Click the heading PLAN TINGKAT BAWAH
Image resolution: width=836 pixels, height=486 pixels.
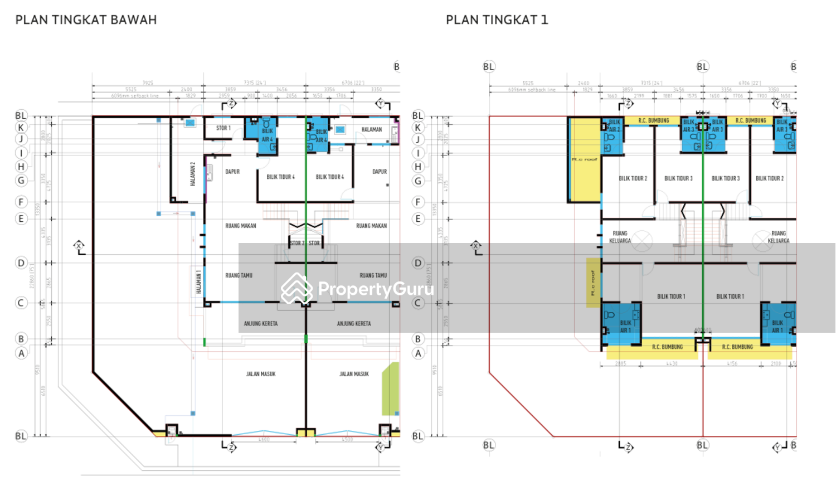pyautogui.click(x=86, y=20)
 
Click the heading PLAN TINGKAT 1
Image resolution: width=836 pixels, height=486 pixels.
pyautogui.click(x=497, y=20)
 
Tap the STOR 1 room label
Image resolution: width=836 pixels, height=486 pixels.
pyautogui.click(x=223, y=128)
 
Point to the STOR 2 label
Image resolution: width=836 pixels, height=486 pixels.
pyautogui.click(x=295, y=243)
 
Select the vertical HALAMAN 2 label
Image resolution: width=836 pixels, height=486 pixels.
pyautogui.click(x=193, y=174)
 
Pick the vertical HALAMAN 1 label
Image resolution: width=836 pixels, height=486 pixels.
pyautogui.click(x=198, y=282)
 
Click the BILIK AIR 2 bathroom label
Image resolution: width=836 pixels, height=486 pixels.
pyautogui.click(x=614, y=125)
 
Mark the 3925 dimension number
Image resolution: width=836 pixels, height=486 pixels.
pyautogui.click(x=147, y=83)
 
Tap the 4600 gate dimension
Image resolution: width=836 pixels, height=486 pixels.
pyautogui.click(x=264, y=440)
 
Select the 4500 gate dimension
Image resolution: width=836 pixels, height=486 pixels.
pyautogui.click(x=347, y=440)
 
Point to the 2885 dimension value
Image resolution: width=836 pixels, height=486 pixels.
pyautogui.click(x=620, y=364)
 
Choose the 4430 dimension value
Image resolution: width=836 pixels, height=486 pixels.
pyautogui.click(x=672, y=364)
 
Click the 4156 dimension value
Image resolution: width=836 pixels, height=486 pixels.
pyautogui.click(x=732, y=364)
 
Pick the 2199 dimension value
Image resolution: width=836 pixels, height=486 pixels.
pyautogui.click(x=639, y=96)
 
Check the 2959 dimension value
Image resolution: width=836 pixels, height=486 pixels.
pyautogui.click(x=224, y=96)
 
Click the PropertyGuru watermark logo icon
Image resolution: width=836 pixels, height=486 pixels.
pyautogui.click(x=296, y=289)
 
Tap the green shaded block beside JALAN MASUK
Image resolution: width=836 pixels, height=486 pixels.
pyautogui.click(x=390, y=389)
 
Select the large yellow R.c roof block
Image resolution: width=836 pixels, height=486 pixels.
pyautogui.click(x=585, y=159)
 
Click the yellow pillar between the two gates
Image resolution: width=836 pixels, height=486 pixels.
pyautogui.click(x=305, y=432)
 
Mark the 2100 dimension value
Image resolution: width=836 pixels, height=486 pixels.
pyautogui.click(x=776, y=364)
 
